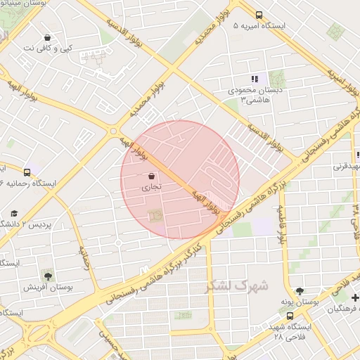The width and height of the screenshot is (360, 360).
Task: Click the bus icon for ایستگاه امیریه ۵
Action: [x=259, y=14]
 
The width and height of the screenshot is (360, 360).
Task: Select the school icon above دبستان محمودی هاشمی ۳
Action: [x=255, y=79]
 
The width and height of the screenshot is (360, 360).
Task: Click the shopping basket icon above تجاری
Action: [x=153, y=176]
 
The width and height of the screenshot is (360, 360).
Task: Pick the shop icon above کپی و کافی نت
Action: [x=48, y=37]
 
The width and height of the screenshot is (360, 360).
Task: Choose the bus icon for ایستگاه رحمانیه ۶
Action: [x=27, y=172]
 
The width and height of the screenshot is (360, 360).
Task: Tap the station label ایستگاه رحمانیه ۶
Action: [x=27, y=183]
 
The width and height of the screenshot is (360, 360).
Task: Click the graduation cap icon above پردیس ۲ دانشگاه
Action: [x=14, y=213]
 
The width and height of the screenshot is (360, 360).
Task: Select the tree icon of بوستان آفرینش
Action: [x=47, y=275]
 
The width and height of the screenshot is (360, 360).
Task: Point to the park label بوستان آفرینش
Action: [x=44, y=287]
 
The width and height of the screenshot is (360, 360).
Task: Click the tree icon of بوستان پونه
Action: [x=300, y=290]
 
